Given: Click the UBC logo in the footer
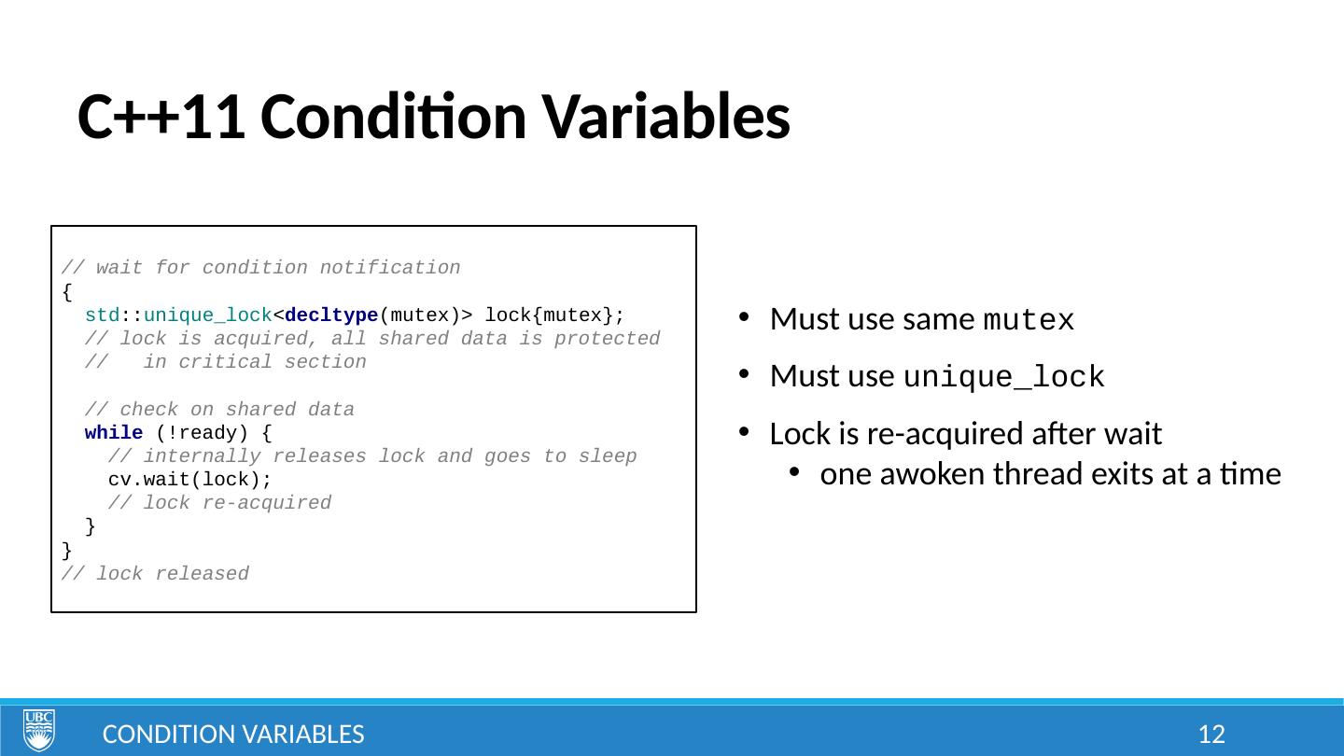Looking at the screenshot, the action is tap(39, 730).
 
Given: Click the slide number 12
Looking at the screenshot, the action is tap(1211, 735).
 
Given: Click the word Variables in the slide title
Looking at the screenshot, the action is tap(666, 117).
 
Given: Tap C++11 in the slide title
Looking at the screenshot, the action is tap(161, 117).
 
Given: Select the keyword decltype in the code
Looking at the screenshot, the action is tap(331, 315).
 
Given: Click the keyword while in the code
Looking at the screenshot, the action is tap(114, 433).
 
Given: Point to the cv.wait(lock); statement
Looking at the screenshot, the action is tap(189, 480).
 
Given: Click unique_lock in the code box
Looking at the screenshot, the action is tap(208, 315).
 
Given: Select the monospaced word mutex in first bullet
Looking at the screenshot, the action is tap(1029, 319).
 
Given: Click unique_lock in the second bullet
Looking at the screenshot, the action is tap(1004, 377).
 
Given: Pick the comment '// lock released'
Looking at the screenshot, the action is tap(155, 574).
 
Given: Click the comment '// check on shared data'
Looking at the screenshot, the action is tap(219, 409).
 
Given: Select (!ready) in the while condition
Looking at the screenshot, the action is tap(202, 433).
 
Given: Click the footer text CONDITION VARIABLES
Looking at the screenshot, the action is tap(233, 735).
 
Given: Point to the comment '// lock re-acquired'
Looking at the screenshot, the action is tap(219, 503).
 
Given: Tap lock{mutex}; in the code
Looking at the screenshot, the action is tap(554, 315).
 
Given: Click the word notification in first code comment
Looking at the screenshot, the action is tap(390, 268).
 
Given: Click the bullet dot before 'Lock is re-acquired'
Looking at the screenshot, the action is tap(745, 432).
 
